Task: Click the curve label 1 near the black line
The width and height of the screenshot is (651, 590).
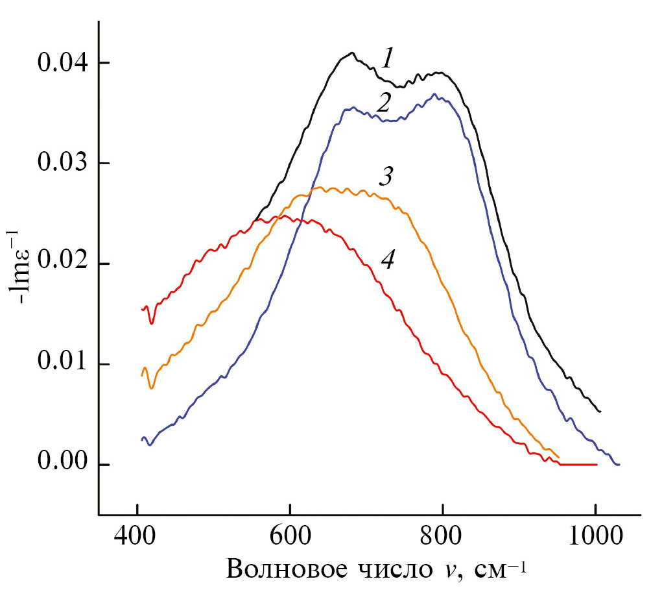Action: point(387,60)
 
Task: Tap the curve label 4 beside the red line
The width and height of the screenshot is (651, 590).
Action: point(387,260)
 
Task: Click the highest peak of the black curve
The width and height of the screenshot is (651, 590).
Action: point(351,53)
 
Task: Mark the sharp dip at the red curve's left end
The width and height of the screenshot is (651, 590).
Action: point(152,323)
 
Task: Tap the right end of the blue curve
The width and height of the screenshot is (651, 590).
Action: point(619,465)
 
